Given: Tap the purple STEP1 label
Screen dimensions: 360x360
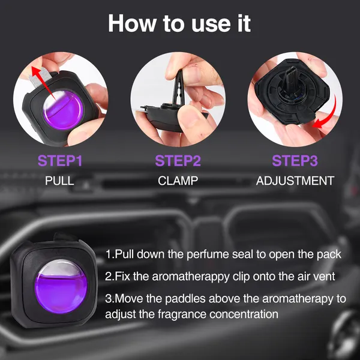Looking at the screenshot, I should tap(60, 161).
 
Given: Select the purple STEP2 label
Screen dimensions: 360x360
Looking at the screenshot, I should tap(178, 161).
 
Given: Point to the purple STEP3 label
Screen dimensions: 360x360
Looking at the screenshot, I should tap(295, 161).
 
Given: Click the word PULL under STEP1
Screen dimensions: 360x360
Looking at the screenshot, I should tap(60, 180).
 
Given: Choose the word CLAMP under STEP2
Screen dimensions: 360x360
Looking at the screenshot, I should tap(178, 180).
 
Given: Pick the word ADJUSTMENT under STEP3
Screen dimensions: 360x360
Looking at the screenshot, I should tap(295, 180).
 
